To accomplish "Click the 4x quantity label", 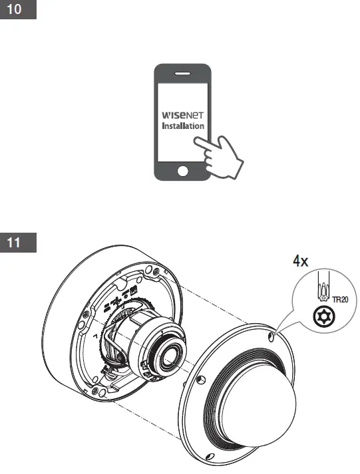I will pyautogui.click(x=301, y=262).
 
